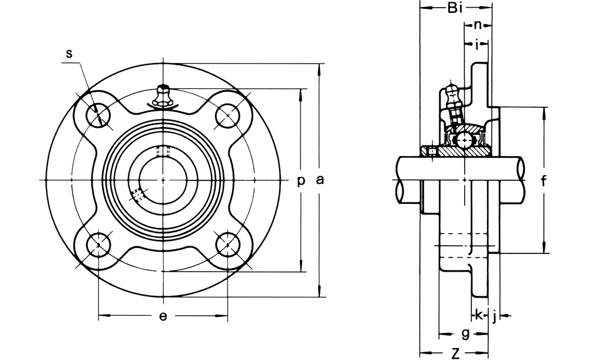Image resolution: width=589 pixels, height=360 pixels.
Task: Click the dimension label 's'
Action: pos(69,54)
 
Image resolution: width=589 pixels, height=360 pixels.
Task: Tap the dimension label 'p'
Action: pos(301,181)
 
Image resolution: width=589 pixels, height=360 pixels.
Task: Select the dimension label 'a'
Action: pos(320,180)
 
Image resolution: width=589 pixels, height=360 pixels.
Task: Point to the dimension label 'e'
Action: pos(163,316)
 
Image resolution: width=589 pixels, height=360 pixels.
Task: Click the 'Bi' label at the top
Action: pos(455,8)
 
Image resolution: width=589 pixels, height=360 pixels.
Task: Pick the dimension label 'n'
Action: pos(477,25)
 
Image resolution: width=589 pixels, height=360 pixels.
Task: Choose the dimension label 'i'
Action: pos(477,45)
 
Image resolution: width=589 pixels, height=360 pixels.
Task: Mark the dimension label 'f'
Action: pos(544,181)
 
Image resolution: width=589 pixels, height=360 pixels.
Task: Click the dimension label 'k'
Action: pos(478,315)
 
